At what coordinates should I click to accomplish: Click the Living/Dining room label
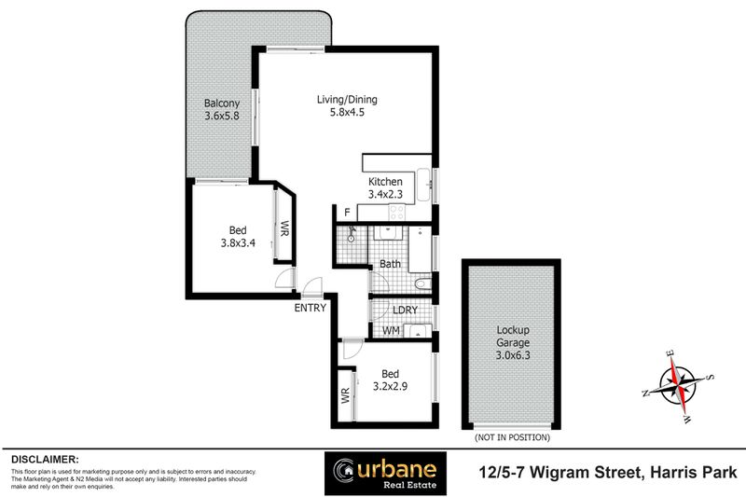tap(348, 101)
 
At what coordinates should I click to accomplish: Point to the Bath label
tap(390, 264)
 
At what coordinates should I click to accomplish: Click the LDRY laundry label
tap(405, 311)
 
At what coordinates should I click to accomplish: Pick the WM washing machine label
tap(392, 330)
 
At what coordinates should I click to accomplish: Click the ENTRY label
tap(309, 308)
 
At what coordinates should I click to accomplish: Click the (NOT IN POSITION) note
tap(512, 437)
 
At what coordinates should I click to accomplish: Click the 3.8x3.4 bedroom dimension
tap(238, 246)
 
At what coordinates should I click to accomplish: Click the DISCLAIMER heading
tap(45, 460)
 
